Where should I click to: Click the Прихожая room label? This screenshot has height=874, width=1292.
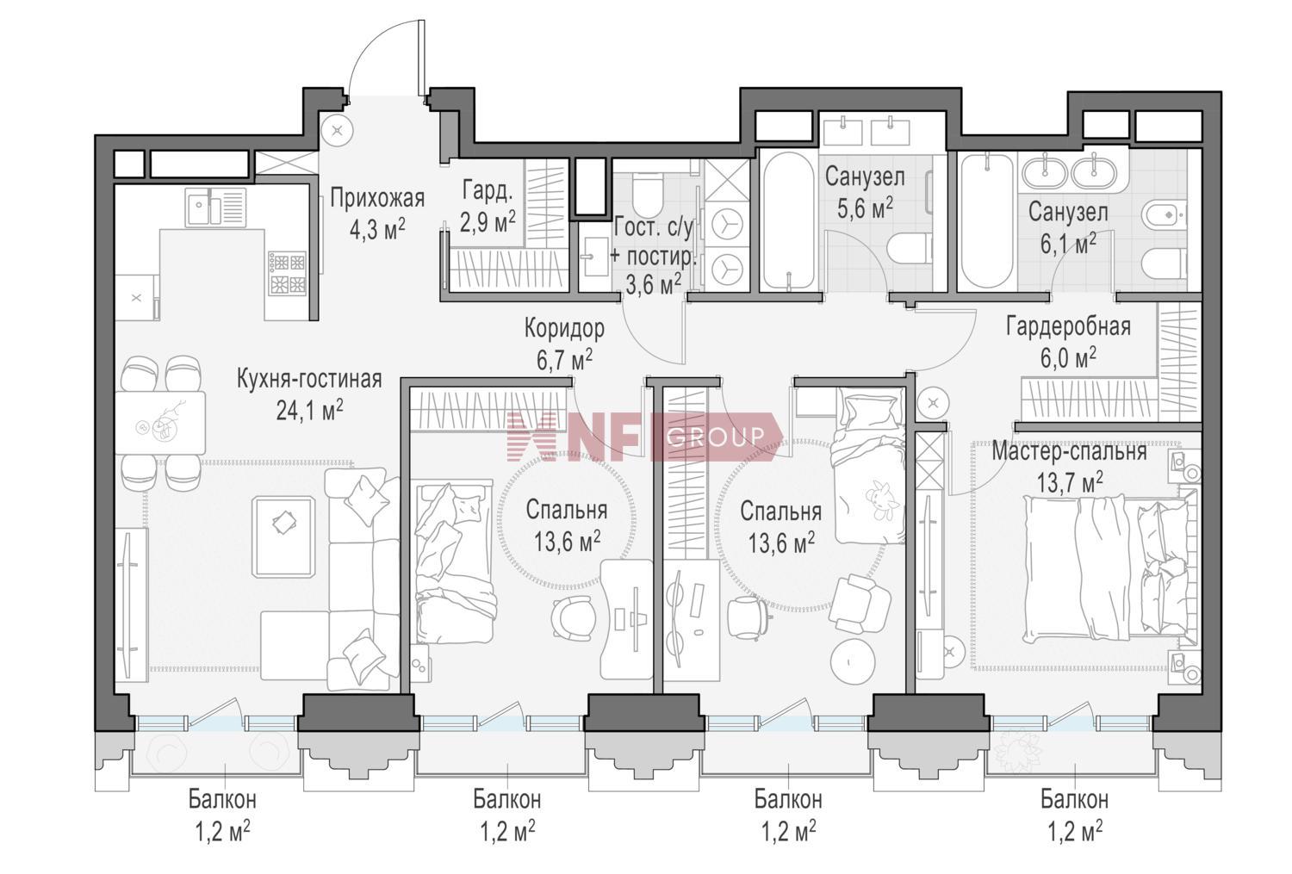click(377, 199)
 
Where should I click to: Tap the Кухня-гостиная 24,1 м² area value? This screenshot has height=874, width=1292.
click(310, 411)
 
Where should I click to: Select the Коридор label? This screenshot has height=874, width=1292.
click(564, 328)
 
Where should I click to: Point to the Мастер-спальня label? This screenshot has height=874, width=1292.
click(1069, 452)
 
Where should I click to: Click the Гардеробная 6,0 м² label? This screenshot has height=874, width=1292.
click(1068, 343)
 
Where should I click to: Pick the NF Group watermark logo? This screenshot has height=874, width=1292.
click(644, 437)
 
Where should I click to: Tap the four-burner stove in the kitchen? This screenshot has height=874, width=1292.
click(287, 273)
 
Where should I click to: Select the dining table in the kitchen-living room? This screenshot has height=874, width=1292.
click(160, 423)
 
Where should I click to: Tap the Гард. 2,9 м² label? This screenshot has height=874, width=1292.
click(488, 205)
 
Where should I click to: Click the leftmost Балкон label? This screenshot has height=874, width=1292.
click(222, 800)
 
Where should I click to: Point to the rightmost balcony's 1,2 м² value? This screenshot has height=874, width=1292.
click(1075, 832)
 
